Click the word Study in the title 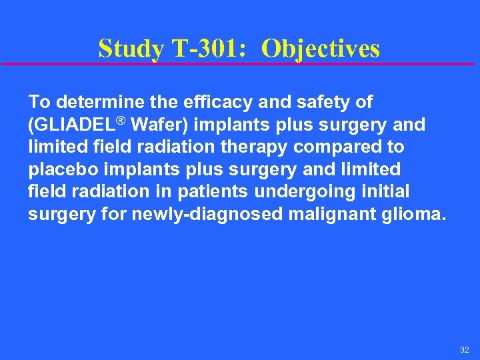pos(129,49)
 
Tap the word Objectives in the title pos(321,49)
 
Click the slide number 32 pos(464,349)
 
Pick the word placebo pos(61,169)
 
